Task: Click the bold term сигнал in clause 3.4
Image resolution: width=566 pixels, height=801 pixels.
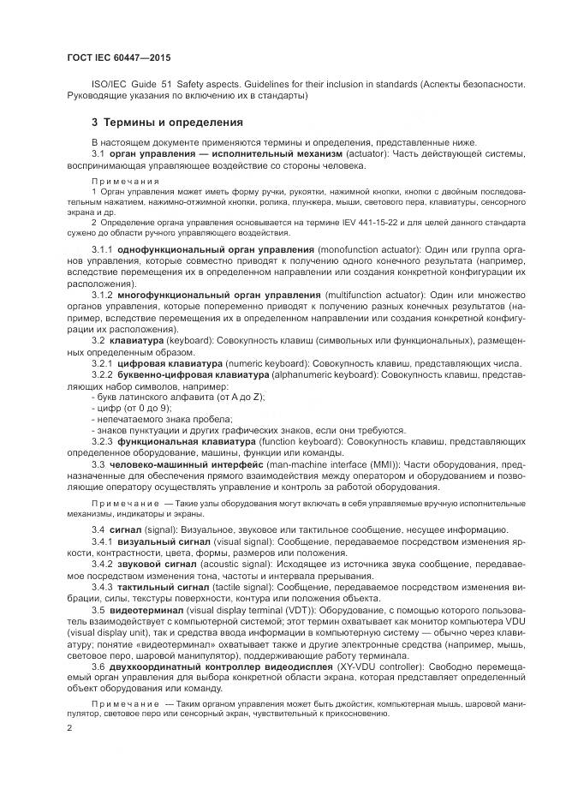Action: point(128,530)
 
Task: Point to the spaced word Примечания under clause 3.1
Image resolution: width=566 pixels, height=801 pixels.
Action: point(125,182)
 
